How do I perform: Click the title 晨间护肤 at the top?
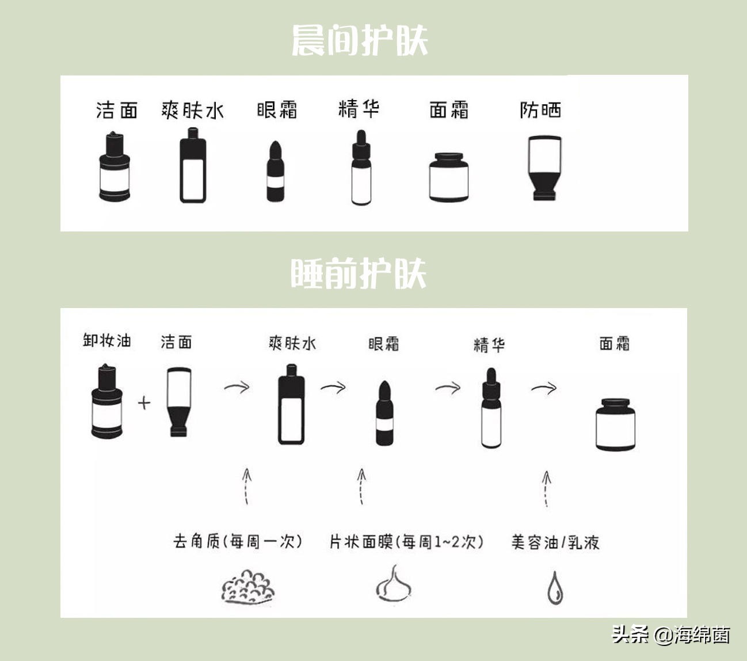(360, 40)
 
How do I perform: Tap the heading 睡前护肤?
(359, 273)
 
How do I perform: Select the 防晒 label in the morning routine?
(540, 109)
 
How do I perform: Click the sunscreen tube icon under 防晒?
(544, 168)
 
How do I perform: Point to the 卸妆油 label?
(107, 340)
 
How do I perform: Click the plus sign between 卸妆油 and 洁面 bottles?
(144, 402)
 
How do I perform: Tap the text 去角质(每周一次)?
(237, 541)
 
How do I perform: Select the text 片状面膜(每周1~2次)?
(406, 542)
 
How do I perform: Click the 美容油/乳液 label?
(555, 542)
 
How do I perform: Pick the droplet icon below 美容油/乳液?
(555, 588)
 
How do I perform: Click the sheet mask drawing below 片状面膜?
(394, 584)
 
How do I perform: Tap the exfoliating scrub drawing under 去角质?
(248, 587)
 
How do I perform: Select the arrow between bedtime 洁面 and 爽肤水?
(237, 387)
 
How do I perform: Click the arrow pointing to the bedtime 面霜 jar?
(544, 389)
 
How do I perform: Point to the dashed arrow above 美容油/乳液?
(546, 489)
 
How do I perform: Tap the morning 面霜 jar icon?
(448, 177)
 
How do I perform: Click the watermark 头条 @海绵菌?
(670, 635)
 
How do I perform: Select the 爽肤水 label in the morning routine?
(192, 110)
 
